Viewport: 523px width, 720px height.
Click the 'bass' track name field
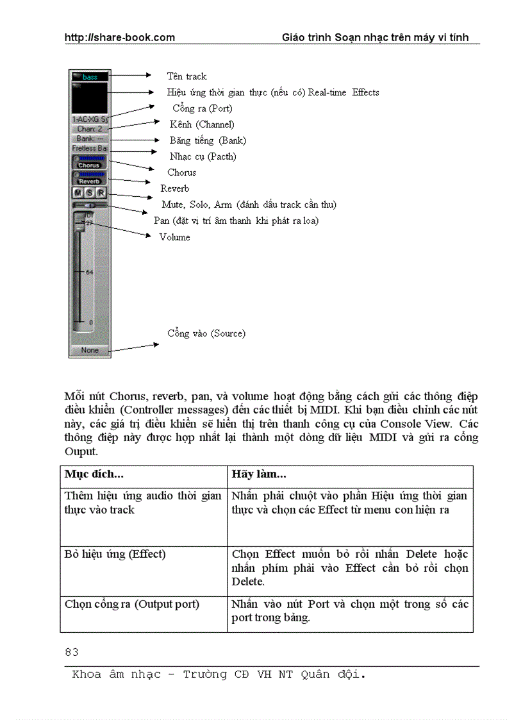click(x=90, y=77)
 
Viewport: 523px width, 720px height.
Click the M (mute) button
click(x=78, y=193)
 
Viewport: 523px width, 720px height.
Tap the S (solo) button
click(x=90, y=193)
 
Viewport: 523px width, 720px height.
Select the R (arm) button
click(x=101, y=193)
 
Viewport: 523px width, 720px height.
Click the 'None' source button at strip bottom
click(x=90, y=350)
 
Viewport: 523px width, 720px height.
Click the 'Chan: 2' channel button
click(x=90, y=129)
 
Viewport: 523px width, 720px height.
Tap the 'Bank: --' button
click(x=90, y=138)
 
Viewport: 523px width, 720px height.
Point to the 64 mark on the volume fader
click(x=89, y=272)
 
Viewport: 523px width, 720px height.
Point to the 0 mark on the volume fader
click(x=90, y=322)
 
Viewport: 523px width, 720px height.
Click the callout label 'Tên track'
click(x=187, y=76)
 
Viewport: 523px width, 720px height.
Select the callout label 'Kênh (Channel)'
click(x=202, y=124)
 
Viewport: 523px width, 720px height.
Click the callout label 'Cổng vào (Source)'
click(x=206, y=333)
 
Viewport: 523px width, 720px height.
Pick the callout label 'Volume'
click(x=174, y=237)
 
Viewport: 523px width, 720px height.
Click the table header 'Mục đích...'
click(x=94, y=474)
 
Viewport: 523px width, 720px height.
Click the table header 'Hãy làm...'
click(x=258, y=474)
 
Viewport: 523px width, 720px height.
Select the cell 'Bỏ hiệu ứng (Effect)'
click(x=115, y=554)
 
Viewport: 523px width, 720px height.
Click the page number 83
click(x=72, y=652)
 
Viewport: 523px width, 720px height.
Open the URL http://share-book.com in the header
click(x=119, y=37)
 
